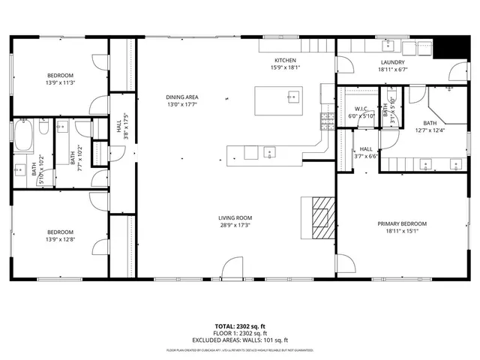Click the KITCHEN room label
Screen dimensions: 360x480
285,61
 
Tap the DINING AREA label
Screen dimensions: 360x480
181,97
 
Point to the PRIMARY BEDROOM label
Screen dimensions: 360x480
402,223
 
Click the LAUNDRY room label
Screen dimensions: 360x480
392,62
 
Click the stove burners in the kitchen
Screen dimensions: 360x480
327,119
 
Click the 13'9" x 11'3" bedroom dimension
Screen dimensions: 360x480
60,83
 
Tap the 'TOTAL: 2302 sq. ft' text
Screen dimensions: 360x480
240,327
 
